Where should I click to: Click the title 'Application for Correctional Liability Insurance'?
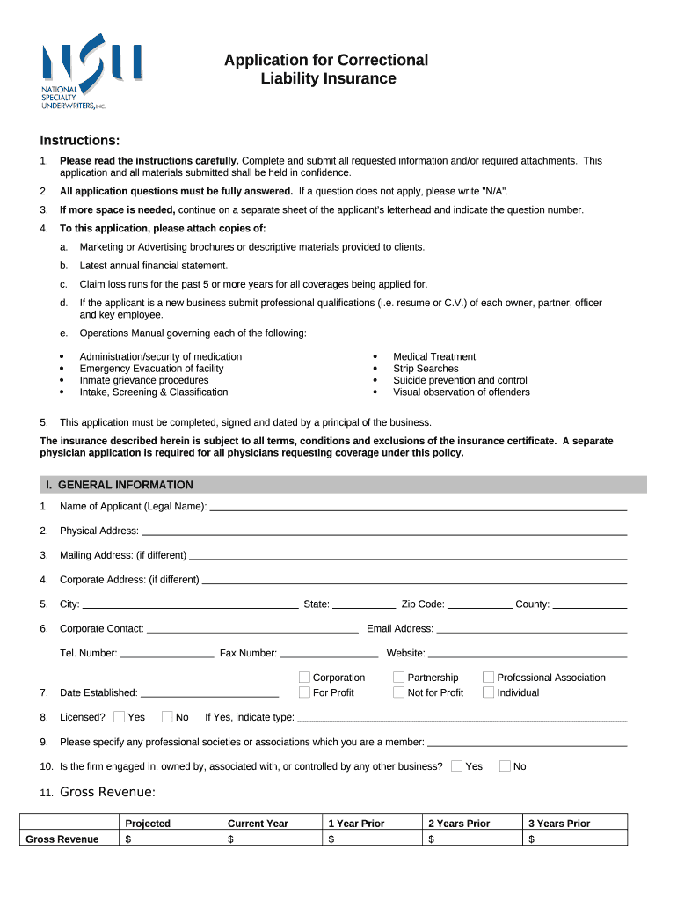coord(326,70)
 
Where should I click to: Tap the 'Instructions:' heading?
coord(80,141)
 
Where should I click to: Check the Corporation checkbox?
coord(304,678)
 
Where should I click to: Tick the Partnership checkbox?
coord(398,678)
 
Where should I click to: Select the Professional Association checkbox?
coord(488,678)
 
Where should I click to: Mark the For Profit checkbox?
coord(304,692)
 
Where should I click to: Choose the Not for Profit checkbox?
coord(398,692)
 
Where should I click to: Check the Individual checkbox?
coord(488,692)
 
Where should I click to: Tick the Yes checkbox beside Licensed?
coord(120,717)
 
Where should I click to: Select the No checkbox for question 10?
coord(505,766)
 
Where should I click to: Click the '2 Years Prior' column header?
coord(459,824)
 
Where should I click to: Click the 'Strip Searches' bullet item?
coord(426,369)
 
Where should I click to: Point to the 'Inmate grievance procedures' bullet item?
coord(144,380)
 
